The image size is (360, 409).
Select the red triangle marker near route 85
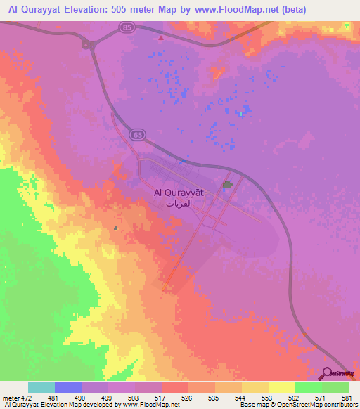[x=160, y=39]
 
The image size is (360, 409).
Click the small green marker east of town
[x=227, y=185]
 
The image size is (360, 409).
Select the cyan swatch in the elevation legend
[x=41, y=387]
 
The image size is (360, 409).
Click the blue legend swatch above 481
[x=68, y=387]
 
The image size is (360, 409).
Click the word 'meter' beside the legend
[x=11, y=397]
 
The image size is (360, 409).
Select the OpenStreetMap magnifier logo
[x=328, y=374]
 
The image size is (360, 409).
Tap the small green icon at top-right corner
[x=347, y=25]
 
